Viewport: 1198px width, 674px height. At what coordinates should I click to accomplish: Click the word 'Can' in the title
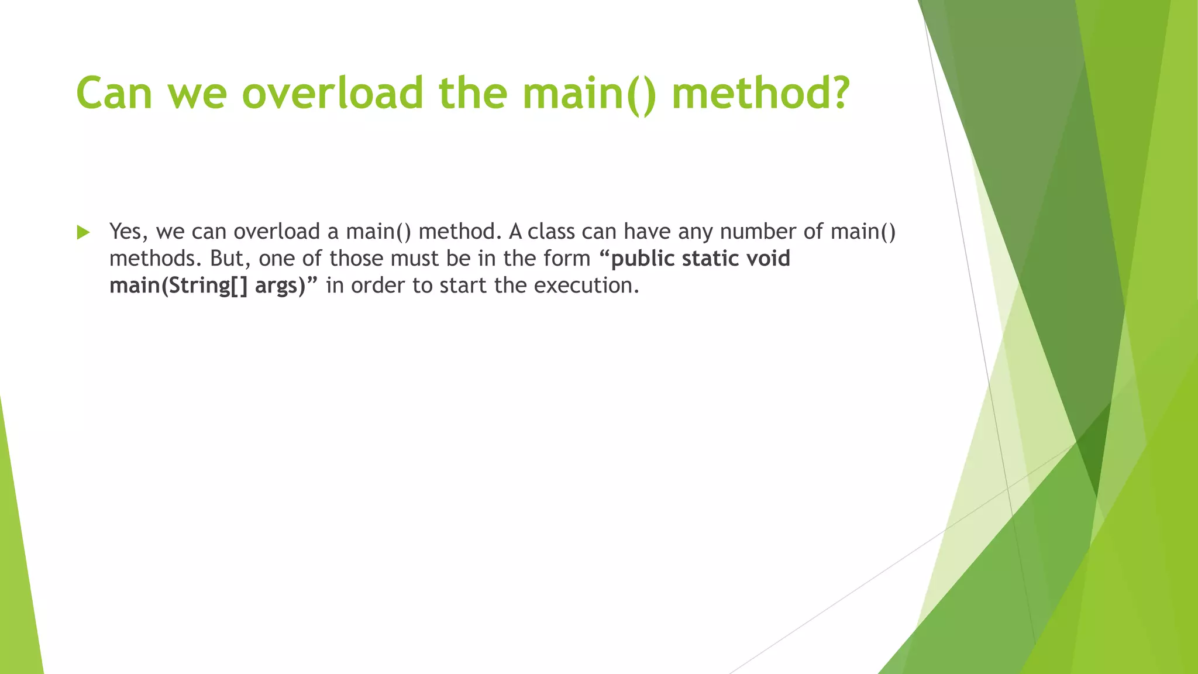pos(114,94)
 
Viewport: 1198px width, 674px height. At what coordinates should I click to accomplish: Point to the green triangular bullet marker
pos(83,232)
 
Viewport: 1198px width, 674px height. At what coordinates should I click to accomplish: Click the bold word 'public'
pos(642,259)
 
